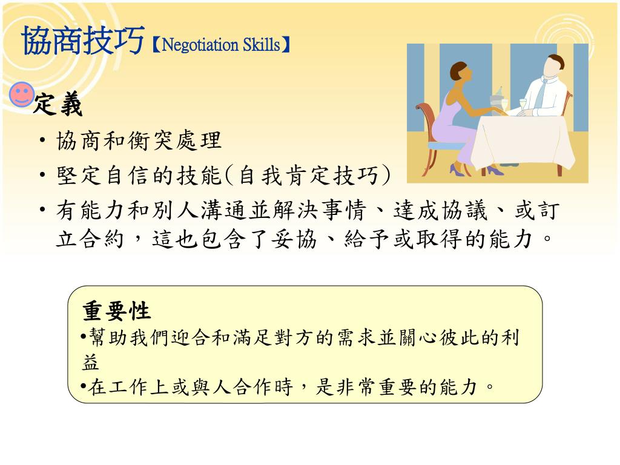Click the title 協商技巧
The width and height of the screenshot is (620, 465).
pos(83,41)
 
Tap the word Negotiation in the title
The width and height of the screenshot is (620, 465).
pos(200,45)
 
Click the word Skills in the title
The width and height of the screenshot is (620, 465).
pos(262,44)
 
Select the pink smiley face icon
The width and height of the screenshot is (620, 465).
pos(22,94)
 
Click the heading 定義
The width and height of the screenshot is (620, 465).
pos(58,104)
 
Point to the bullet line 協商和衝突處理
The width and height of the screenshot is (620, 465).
pos(139,140)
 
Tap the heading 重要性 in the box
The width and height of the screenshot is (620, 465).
pos(117,311)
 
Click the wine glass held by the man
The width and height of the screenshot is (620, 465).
pos(523,106)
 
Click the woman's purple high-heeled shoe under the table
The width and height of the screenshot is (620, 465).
pos(495,170)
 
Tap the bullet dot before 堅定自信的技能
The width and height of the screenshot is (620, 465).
pos(43,174)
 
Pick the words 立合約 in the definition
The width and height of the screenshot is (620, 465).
pos(90,239)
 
